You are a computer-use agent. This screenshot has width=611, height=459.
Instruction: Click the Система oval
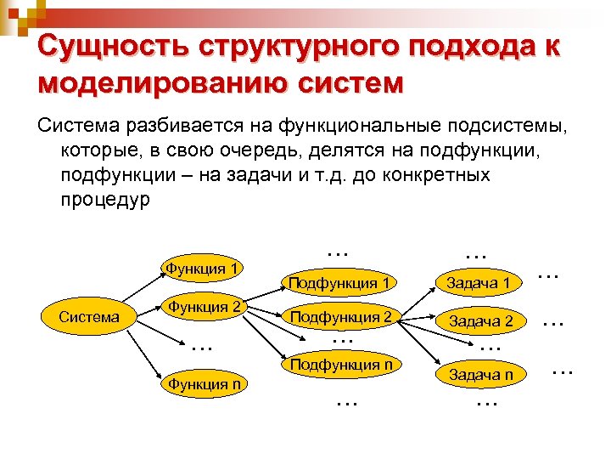pyautogui.click(x=89, y=317)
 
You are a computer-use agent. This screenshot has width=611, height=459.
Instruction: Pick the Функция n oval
pyautogui.click(x=204, y=384)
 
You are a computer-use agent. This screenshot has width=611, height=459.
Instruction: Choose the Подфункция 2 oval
pyautogui.click(x=340, y=317)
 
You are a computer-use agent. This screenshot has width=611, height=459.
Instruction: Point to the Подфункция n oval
pyautogui.click(x=340, y=365)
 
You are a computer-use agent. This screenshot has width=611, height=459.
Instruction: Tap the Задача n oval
pyautogui.click(x=481, y=374)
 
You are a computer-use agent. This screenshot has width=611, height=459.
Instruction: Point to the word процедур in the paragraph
pyautogui.click(x=104, y=201)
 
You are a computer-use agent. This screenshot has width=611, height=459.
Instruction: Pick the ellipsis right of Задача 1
pyautogui.click(x=549, y=275)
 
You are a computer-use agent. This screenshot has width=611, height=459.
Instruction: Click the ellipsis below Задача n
pyautogui.click(x=486, y=402)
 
